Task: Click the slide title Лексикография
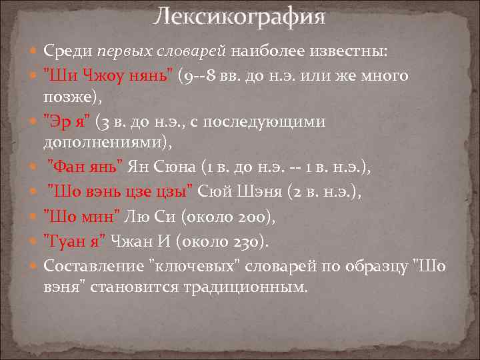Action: pos(239,17)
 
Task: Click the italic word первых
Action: pos(121,51)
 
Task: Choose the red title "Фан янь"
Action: pos(85,167)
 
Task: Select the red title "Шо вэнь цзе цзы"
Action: pos(122,192)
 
